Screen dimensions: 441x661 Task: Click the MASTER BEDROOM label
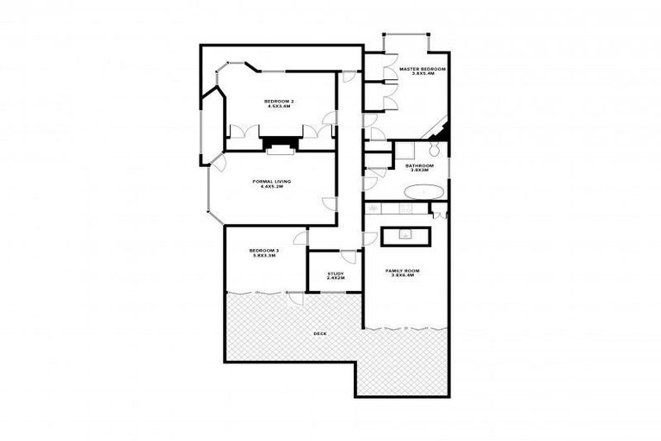click(423, 68)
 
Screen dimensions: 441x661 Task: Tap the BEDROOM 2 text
click(279, 102)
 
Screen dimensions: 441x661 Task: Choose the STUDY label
click(335, 274)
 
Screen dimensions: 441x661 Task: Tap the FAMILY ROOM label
click(402, 270)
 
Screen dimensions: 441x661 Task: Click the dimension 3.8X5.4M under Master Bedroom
click(423, 74)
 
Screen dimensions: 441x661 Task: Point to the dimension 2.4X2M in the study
click(335, 279)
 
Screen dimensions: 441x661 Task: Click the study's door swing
click(349, 257)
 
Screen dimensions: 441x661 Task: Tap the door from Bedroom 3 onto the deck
click(295, 297)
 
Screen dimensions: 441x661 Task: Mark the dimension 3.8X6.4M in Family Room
click(402, 276)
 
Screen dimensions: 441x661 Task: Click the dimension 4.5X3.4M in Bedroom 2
click(279, 108)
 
